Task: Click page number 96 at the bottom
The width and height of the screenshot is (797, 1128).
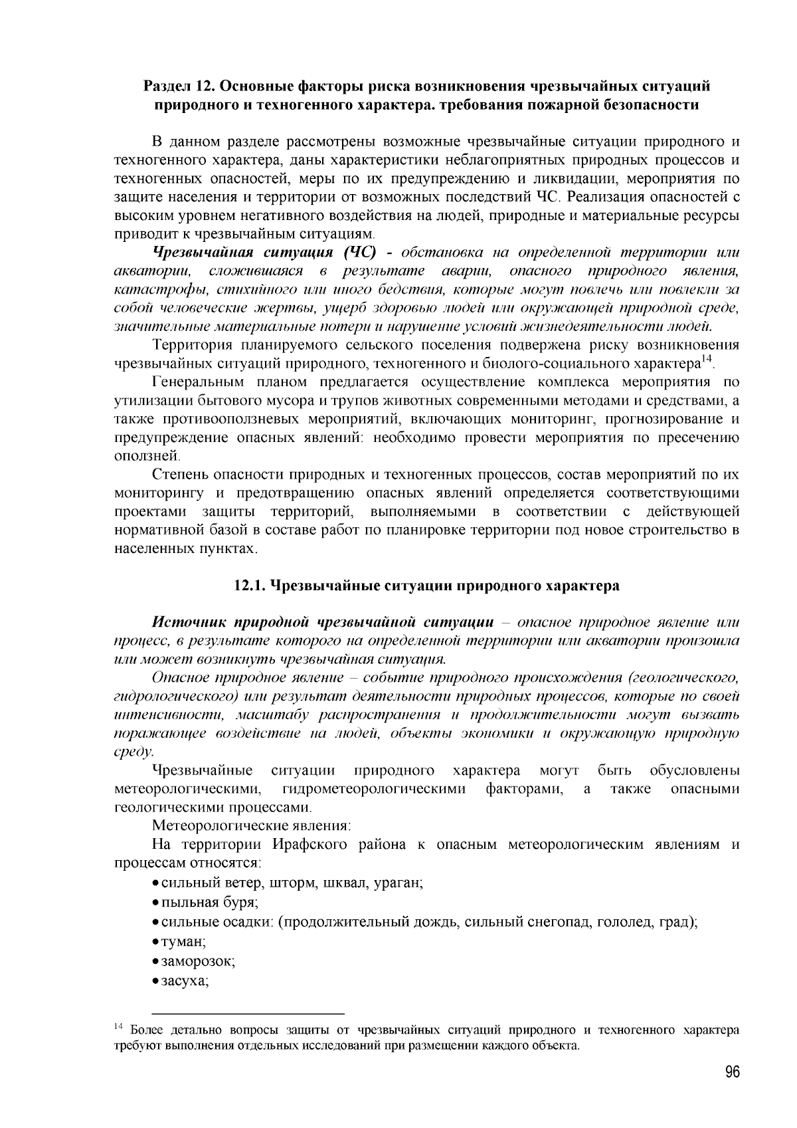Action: (732, 1073)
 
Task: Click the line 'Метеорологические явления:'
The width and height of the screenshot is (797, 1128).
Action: (252, 826)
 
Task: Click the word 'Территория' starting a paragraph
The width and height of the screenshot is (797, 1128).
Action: (192, 345)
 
